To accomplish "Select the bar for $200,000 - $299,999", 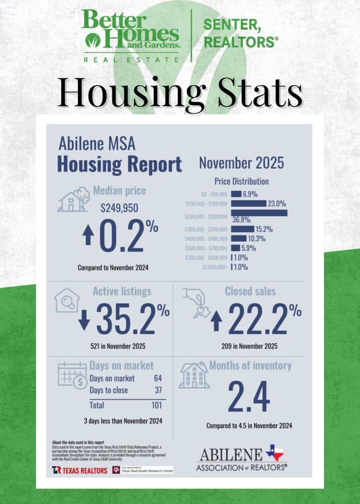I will (259, 213).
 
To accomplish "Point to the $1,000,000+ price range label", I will (214, 268).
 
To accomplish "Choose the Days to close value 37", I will (157, 390).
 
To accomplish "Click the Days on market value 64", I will (157, 379).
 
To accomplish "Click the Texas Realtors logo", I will (79, 470).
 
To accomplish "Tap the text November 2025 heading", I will (241, 163).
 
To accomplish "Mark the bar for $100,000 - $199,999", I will (248, 203).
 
